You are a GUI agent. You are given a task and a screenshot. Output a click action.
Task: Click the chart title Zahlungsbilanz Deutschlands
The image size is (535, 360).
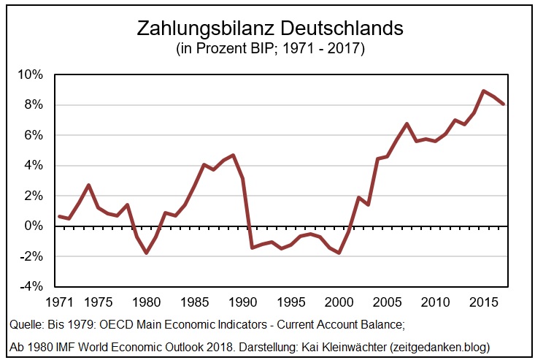point(270,29)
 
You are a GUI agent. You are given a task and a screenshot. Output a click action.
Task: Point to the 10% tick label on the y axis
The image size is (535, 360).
point(30,74)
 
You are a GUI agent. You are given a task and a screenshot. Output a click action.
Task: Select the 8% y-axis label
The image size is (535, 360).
point(34,105)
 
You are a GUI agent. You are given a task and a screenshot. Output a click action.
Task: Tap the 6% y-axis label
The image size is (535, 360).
point(34,135)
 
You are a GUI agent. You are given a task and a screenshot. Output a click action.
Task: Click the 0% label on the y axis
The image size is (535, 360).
point(34,226)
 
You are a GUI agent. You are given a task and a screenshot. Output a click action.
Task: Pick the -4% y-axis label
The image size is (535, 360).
point(32,286)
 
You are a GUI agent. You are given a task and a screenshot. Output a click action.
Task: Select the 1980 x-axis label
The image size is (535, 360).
point(146,302)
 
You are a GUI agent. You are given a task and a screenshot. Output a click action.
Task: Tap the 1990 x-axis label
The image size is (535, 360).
point(242,302)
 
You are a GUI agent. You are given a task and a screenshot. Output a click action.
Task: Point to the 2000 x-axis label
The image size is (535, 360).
point(339,302)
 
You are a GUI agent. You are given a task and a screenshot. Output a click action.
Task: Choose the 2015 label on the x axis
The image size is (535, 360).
point(484,302)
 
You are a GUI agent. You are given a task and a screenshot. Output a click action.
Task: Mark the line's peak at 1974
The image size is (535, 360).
point(88,185)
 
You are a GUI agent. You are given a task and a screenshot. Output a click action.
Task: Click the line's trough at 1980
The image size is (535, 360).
point(146,253)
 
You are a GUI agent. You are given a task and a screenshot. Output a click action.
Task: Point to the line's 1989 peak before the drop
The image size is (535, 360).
point(233,155)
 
